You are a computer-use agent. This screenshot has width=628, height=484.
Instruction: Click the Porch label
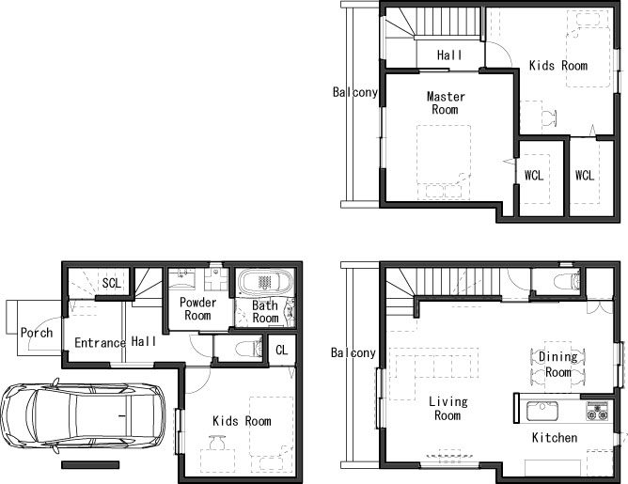(37, 333)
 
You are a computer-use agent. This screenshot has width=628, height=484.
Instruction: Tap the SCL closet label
(111, 283)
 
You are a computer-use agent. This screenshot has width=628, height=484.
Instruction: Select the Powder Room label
(197, 308)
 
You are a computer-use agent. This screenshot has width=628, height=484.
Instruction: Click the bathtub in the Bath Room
(264, 282)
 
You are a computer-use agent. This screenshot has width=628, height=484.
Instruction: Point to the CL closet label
(281, 350)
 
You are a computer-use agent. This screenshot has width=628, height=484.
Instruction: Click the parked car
(83, 415)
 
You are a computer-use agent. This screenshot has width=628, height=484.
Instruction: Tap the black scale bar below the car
(90, 465)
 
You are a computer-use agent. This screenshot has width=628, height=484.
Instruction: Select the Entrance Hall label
(116, 342)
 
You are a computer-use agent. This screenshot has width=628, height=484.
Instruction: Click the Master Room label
(446, 102)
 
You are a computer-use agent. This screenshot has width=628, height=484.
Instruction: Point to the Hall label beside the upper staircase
(449, 55)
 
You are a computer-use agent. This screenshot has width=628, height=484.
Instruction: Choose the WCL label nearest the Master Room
(533, 175)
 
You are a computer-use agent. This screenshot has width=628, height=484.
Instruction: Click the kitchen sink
(542, 411)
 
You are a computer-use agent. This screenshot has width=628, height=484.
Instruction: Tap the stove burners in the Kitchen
(597, 411)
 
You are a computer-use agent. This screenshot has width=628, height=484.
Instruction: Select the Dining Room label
(557, 365)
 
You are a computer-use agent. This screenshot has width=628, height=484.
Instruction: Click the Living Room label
(447, 408)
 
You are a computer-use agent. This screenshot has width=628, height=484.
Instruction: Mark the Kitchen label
(555, 438)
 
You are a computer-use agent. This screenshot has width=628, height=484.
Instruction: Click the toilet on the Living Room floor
(567, 281)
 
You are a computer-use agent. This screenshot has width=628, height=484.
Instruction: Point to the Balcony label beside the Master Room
(355, 92)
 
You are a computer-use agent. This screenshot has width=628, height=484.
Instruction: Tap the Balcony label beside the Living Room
(353, 352)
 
